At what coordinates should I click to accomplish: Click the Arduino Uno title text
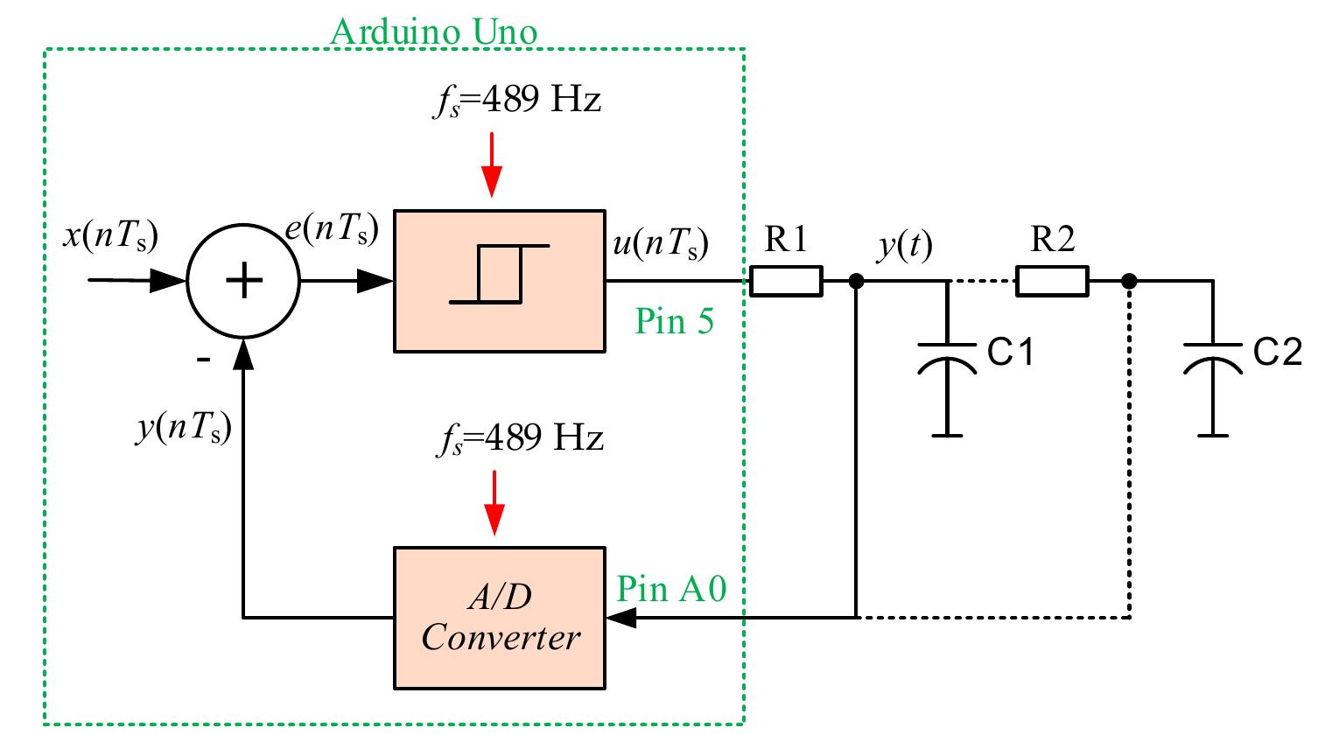pos(434,32)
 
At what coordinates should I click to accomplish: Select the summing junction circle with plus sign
pos(244,281)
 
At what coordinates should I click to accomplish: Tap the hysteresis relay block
pos(499,281)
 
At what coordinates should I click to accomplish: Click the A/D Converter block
pos(499,618)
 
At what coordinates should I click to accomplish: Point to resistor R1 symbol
pos(786,281)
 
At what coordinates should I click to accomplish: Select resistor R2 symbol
pos(1052,281)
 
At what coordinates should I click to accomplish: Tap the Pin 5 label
pos(674,322)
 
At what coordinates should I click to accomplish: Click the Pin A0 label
pos(671,589)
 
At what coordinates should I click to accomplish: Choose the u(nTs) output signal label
pos(661,242)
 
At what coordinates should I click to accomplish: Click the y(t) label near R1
pos(905,247)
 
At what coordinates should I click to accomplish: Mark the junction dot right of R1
pos(857,281)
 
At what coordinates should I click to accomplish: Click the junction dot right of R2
pos(1130,281)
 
